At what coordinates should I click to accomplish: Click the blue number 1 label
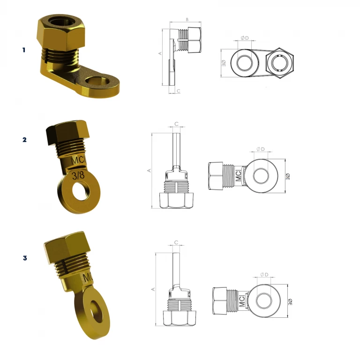tap(24, 50)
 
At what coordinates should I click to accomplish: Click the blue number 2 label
tap(24, 140)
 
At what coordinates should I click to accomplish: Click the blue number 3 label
tap(25, 258)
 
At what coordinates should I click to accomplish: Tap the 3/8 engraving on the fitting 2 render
tap(78, 176)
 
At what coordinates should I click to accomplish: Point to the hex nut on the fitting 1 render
tap(60, 33)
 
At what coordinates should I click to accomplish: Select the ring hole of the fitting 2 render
tap(80, 191)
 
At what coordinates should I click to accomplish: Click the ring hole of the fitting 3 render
tap(97, 312)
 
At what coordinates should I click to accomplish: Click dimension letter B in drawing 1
tap(187, 20)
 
